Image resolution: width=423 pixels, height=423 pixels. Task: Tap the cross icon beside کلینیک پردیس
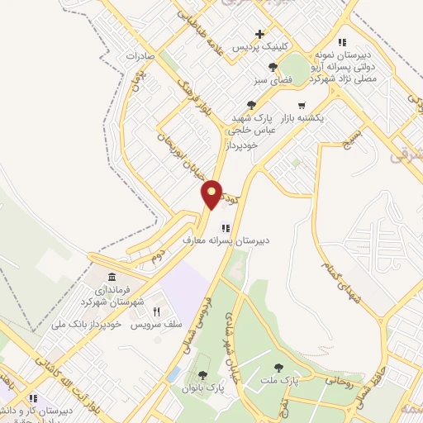pyautogui.click(x=260, y=34)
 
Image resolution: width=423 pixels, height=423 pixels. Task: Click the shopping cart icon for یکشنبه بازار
pyautogui.click(x=302, y=107)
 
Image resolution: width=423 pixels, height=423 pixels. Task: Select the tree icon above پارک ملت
pyautogui.click(x=278, y=368)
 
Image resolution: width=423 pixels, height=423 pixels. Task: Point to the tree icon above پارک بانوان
pyautogui.click(x=204, y=376)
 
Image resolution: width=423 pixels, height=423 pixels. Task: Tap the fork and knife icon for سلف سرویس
pyautogui.click(x=155, y=311)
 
